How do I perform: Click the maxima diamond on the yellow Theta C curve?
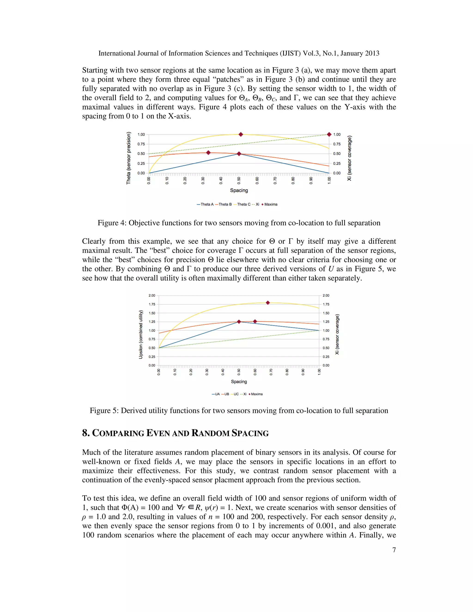click(240, 134)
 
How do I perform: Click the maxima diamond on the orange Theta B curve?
click(208, 153)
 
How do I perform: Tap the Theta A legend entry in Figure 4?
click(205, 204)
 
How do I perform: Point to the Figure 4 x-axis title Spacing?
click(239, 190)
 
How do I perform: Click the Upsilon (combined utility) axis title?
click(141, 334)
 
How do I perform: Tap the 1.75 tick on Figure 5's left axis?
click(152, 304)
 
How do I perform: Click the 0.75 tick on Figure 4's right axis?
click(337, 144)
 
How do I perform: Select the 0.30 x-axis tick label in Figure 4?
click(203, 180)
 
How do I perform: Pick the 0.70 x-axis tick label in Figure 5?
click(271, 372)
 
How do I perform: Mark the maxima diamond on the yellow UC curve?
click(268, 303)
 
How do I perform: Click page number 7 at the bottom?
click(394, 550)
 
